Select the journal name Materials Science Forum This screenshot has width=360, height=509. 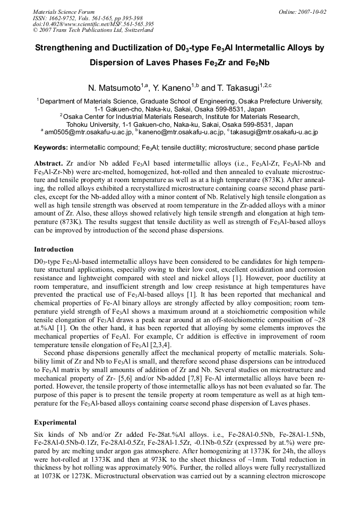tap(64, 12)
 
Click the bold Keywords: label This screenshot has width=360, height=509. tap(50, 147)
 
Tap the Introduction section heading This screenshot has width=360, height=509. tap(54, 249)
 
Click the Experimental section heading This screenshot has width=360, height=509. tap(55, 422)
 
